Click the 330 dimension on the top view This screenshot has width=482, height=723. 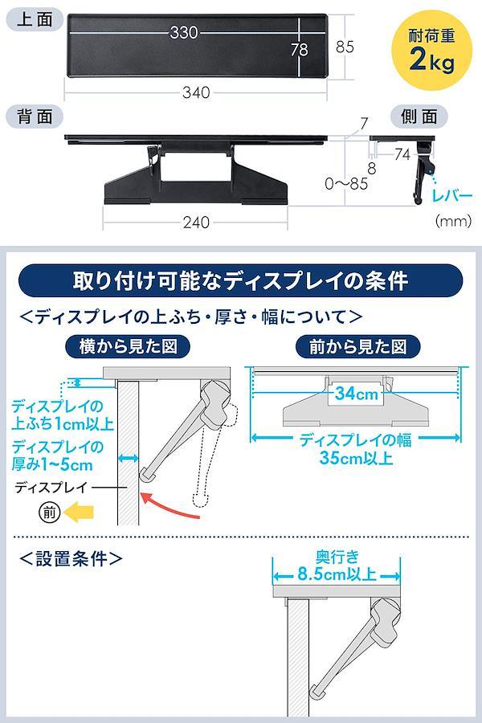pos(184,32)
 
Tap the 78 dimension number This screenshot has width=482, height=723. pos(299,49)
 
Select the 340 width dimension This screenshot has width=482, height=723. pos(196,92)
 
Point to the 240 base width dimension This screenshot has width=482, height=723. pos(196,223)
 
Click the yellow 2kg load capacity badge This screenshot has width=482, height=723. pos(431,51)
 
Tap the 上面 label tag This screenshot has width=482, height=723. pos(35,20)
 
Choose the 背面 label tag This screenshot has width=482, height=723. pos(35,116)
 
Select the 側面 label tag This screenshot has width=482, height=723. pos(419,116)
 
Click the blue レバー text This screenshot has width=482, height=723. pos(452,195)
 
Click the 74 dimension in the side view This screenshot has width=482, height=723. pos(402,154)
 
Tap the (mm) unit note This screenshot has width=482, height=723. pos(453,221)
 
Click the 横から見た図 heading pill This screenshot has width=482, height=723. pos(128,346)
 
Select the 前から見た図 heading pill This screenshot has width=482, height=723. pos(358,346)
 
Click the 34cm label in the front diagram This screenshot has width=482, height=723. pos(356,394)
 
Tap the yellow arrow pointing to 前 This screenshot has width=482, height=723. pos(79,512)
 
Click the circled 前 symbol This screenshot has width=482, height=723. pos(50,512)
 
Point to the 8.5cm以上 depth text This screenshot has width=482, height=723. pos(337,574)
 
